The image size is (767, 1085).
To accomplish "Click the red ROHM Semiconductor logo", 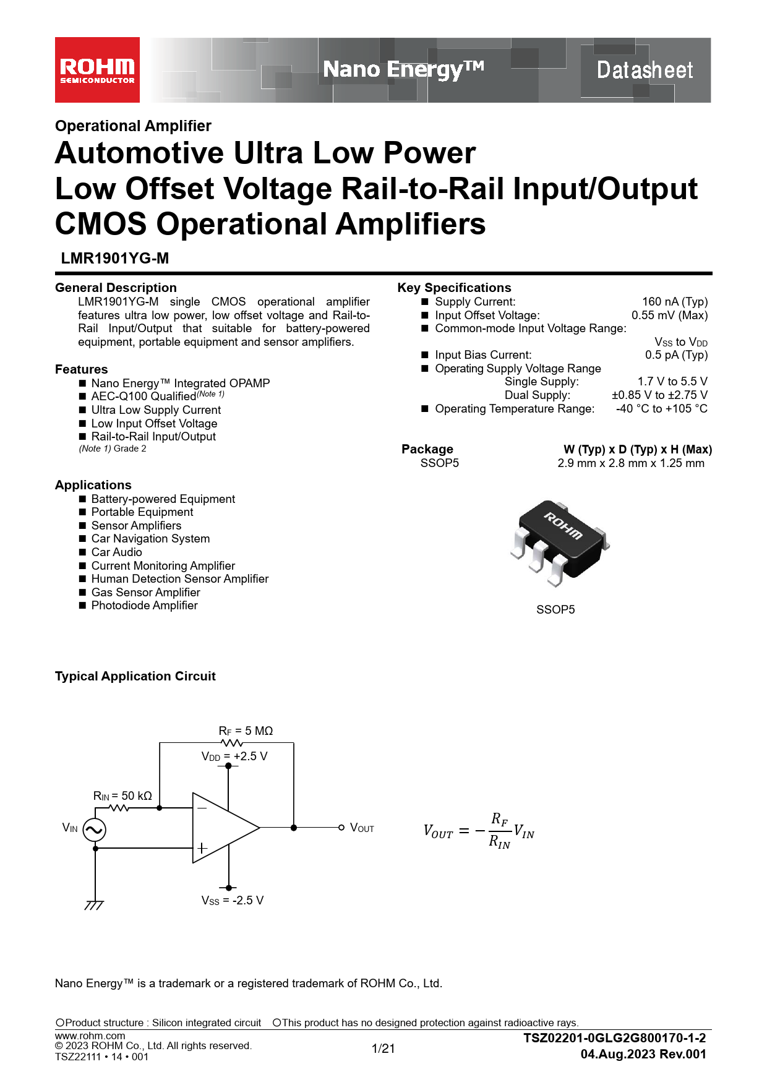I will tap(97, 70).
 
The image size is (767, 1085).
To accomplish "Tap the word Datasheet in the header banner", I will tap(645, 70).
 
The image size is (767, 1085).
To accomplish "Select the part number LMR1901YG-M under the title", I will tap(115, 259).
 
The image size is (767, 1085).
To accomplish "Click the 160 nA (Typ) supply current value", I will tap(675, 302).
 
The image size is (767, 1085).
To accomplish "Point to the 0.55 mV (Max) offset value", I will tap(669, 315).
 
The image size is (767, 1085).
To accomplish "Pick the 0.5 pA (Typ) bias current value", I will tap(676, 355).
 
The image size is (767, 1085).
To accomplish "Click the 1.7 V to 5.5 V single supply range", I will tap(672, 382).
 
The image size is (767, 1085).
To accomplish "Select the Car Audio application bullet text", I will tap(117, 552).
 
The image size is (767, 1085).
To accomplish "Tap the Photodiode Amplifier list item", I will tap(145, 606).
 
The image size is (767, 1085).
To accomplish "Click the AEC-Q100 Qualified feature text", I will tap(144, 397).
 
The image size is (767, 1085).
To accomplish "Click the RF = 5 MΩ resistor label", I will tap(246, 731).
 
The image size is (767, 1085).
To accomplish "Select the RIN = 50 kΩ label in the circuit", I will tap(122, 796).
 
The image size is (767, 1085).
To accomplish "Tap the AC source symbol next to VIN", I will tap(94, 830).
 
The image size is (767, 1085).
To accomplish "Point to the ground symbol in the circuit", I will tap(94, 905).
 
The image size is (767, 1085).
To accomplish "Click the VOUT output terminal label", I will tap(362, 828).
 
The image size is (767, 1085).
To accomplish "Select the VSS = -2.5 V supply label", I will tap(233, 901).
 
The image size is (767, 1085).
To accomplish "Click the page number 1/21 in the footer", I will tap(383, 1049).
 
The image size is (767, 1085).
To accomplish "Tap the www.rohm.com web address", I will tap(90, 1036).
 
